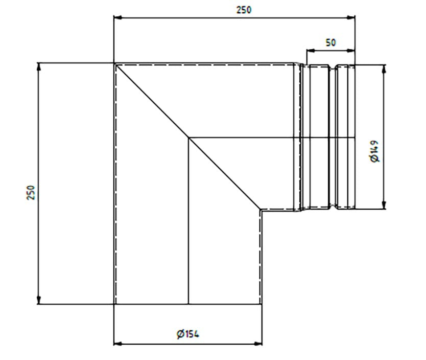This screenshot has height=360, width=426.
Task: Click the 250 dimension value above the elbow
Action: [x=244, y=10]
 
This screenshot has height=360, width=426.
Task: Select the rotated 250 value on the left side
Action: [x=31, y=193]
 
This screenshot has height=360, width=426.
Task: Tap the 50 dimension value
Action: [x=330, y=42]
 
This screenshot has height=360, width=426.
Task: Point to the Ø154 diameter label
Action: [x=187, y=334]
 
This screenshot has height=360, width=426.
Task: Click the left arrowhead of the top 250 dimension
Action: [x=117, y=17]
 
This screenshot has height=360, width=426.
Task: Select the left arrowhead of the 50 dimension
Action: [x=309, y=50]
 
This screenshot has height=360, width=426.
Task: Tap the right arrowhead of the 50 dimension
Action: [x=351, y=50]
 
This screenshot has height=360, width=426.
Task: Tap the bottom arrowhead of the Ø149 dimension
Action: [x=384, y=206]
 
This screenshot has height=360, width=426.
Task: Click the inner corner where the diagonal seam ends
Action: [x=261, y=209]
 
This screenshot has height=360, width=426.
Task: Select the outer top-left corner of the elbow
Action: [x=114, y=63]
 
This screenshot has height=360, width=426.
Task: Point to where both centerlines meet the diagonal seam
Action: [x=188, y=137]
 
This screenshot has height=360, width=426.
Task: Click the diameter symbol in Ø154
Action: [x=180, y=334]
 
